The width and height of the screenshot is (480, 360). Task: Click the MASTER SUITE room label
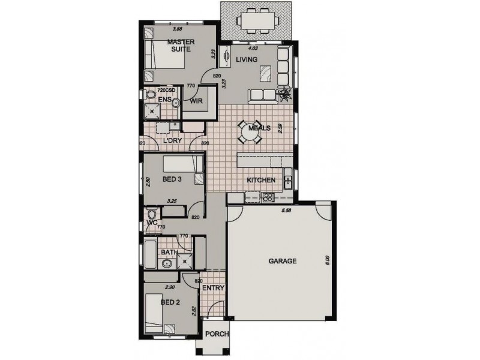179,46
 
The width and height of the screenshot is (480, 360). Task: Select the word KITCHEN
261,180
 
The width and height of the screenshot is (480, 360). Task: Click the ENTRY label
213,288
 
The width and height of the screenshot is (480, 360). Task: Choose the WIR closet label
196,102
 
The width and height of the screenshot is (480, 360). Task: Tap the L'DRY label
173,141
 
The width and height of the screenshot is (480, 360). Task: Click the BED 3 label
173,179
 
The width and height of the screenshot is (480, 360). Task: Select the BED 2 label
170,302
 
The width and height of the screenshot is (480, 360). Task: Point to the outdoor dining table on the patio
256,20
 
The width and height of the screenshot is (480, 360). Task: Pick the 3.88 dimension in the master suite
177,29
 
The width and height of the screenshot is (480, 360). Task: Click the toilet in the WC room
152,214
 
